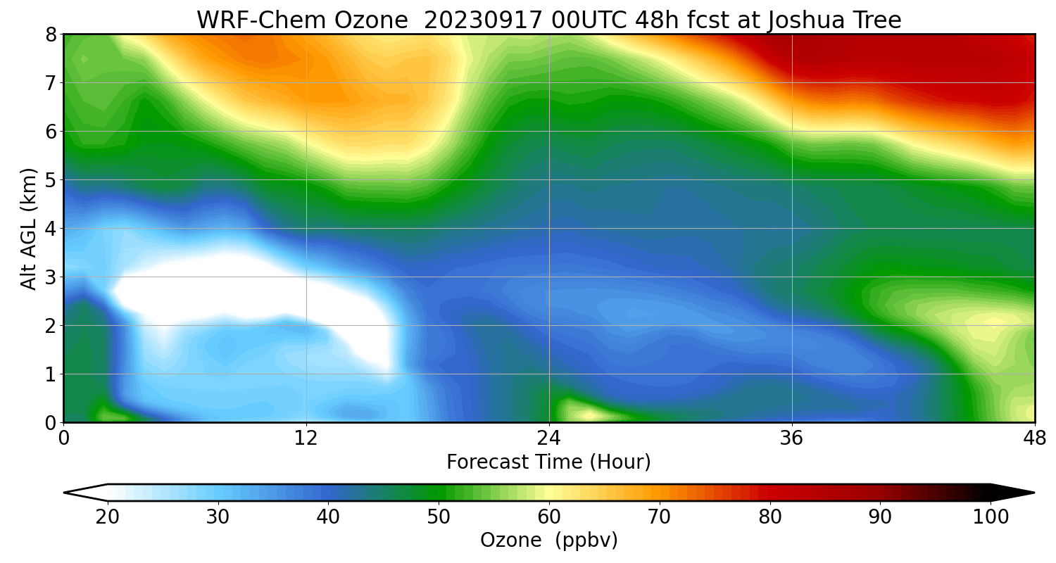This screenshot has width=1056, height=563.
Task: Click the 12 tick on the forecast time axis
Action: pos(306,438)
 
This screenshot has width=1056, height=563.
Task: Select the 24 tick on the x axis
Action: pos(549,438)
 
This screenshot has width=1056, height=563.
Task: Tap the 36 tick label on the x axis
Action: pos(792,438)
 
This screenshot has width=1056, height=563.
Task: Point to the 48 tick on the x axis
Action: pos(1034,438)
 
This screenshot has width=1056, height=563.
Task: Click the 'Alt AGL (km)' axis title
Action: pos(29,228)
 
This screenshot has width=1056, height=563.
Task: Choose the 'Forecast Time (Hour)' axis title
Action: pos(548,462)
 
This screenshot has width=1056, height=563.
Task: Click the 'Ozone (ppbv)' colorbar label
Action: pos(548,540)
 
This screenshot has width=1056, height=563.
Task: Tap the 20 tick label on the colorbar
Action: pos(108,517)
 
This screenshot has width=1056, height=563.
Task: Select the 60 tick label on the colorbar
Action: pos(549,517)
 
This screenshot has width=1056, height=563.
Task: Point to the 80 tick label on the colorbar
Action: pos(770,517)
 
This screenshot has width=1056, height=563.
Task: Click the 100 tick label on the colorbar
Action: pos(991,517)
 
